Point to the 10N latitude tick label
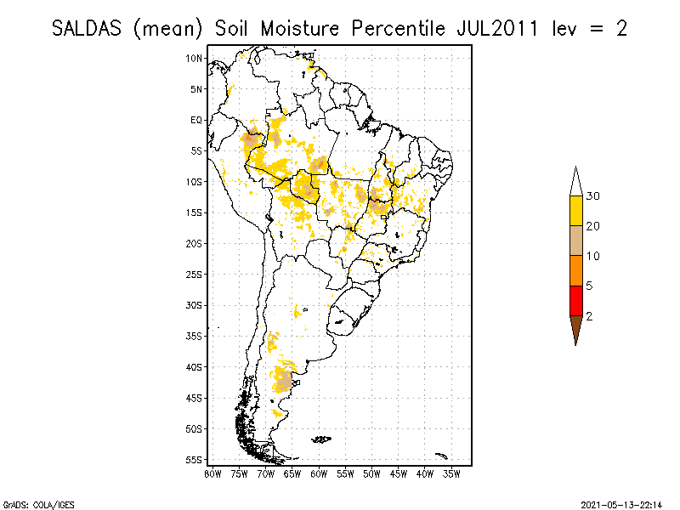coord(195,58)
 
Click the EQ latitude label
coord(196,120)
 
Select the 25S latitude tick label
coord(195,274)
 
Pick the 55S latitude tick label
coord(195,459)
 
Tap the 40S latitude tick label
coord(195,366)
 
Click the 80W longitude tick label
coord(212,473)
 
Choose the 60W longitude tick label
coord(319,473)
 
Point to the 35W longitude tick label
coord(451,473)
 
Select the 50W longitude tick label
coord(371,473)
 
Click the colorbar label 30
coord(593,196)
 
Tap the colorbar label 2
coord(589,315)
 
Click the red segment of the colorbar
coord(575,300)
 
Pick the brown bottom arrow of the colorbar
coord(575,328)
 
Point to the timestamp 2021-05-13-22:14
coord(624,503)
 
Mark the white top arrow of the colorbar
coord(575,182)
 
